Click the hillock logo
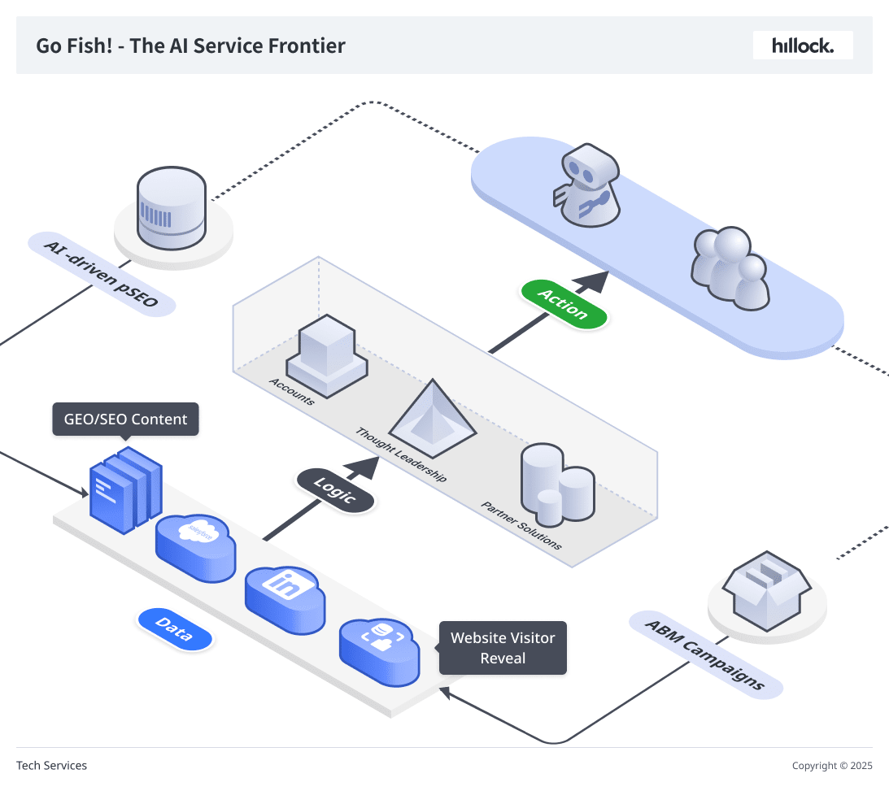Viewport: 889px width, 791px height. tap(803, 46)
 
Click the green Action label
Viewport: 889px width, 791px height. tap(564, 304)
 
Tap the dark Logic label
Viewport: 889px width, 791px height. tap(335, 491)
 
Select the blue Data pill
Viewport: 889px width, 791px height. tap(175, 629)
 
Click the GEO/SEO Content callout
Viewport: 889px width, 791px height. tap(125, 419)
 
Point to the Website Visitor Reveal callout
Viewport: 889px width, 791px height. tap(503, 648)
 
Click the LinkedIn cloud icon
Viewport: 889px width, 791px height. tap(285, 599)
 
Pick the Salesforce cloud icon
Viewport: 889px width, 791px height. tap(195, 547)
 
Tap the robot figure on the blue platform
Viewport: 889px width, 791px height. tap(586, 185)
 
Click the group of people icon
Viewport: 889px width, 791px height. tap(730, 268)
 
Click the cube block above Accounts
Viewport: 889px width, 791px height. tap(327, 356)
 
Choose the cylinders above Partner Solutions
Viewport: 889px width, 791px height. tap(557, 485)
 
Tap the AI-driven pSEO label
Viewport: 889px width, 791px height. tap(102, 274)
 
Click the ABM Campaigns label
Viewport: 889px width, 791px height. tap(706, 654)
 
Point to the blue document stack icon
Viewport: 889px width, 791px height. tap(126, 490)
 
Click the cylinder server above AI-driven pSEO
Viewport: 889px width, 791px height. tap(172, 208)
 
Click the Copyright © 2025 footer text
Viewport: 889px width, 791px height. tap(832, 766)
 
